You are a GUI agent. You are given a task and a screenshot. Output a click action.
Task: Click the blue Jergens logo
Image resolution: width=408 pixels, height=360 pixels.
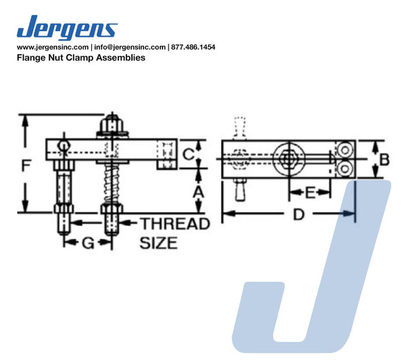[x=67, y=27]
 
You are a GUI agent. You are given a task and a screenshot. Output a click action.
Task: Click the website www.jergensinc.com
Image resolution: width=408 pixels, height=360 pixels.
[x=52, y=47]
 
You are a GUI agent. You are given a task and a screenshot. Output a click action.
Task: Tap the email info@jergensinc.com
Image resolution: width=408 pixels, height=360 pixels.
[x=130, y=47]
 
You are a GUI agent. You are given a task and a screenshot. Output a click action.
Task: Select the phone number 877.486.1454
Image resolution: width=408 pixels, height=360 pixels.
[x=193, y=47]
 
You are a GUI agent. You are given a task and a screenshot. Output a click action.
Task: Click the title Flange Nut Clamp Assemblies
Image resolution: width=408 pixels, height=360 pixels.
[x=81, y=57]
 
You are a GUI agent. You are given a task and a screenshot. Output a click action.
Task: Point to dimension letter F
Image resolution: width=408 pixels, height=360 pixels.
[x=26, y=165]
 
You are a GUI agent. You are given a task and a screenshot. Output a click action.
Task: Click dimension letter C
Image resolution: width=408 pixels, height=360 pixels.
[x=188, y=154]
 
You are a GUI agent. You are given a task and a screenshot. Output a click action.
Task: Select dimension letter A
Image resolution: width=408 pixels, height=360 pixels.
[x=199, y=193]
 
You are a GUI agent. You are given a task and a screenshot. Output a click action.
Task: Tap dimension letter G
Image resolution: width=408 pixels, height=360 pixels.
[x=88, y=244]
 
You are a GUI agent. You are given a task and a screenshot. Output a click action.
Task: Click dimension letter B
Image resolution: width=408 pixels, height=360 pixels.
[x=384, y=159]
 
